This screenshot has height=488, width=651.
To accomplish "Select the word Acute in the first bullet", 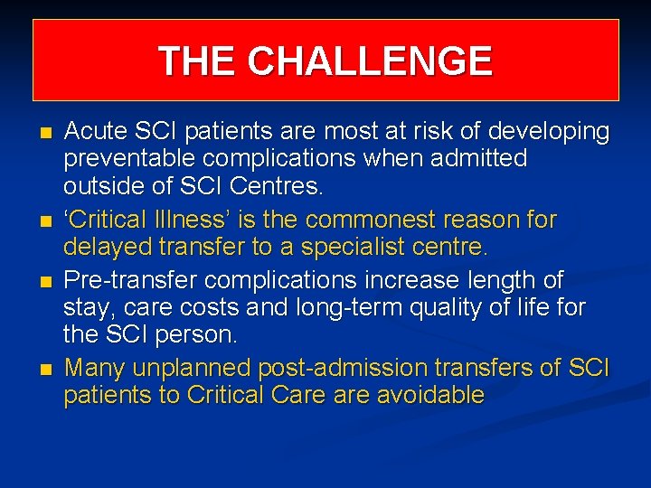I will tap(96, 132).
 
